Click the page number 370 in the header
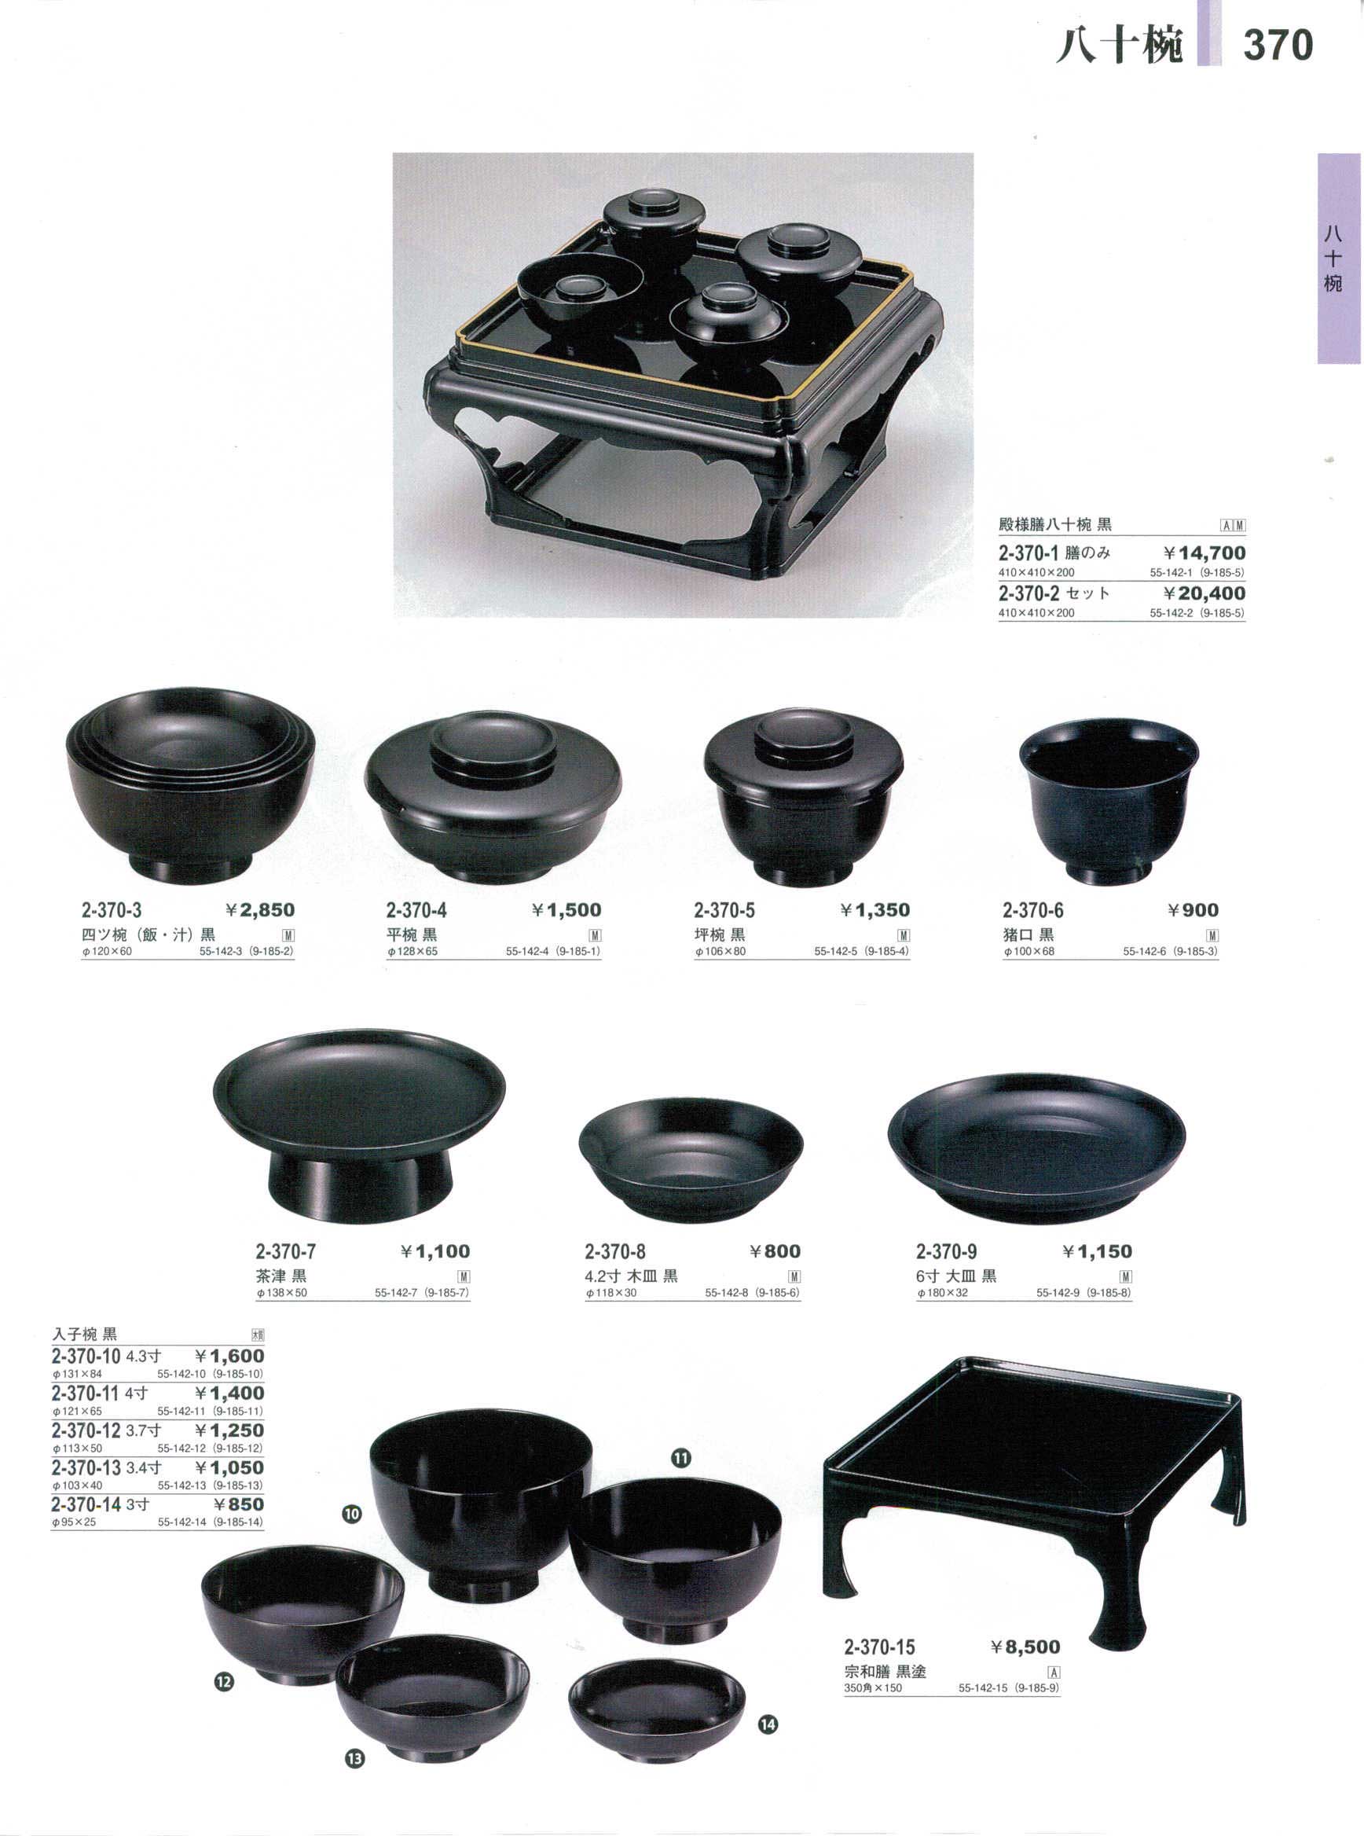[1278, 45]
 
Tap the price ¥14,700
[1204, 553]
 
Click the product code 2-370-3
[112, 910]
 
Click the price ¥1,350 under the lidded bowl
[875, 910]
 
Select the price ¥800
[775, 1251]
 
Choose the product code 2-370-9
[946, 1251]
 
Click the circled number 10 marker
[352, 1514]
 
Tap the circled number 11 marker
[680, 1459]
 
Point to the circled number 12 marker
[224, 1681]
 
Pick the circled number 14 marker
[768, 1724]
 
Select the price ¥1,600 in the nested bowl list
[229, 1356]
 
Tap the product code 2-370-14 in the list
[86, 1504]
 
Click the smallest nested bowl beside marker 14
[656, 1699]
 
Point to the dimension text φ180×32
[942, 1293]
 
